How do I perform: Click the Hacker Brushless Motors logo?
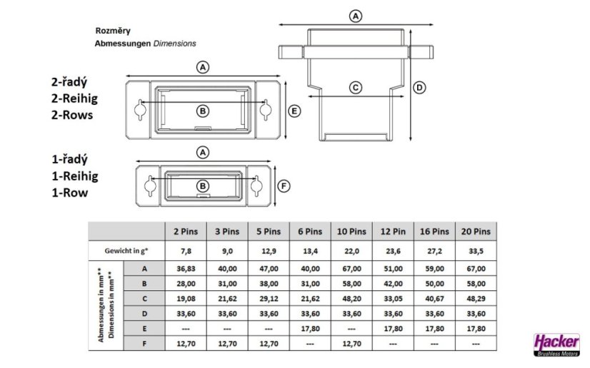point(557,344)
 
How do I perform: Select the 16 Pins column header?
point(434,231)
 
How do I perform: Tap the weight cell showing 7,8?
point(186,251)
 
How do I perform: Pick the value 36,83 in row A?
point(186,268)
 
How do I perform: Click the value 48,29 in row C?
point(476,299)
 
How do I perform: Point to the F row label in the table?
point(144,344)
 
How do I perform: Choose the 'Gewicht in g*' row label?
point(126,251)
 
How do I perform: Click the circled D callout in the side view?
point(419,88)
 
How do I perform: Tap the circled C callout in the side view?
point(356,88)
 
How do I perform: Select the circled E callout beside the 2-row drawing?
point(294,111)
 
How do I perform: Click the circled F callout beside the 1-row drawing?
point(284,186)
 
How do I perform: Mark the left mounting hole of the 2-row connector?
point(140,110)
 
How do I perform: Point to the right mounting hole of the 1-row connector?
point(256,185)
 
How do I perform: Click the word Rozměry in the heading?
point(113,31)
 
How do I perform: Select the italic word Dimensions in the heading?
point(174,44)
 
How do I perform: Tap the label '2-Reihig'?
point(74,98)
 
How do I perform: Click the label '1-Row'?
point(70,193)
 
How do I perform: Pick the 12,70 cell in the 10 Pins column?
point(352,344)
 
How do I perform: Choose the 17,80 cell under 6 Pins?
point(311,329)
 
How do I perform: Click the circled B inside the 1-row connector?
point(203,186)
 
